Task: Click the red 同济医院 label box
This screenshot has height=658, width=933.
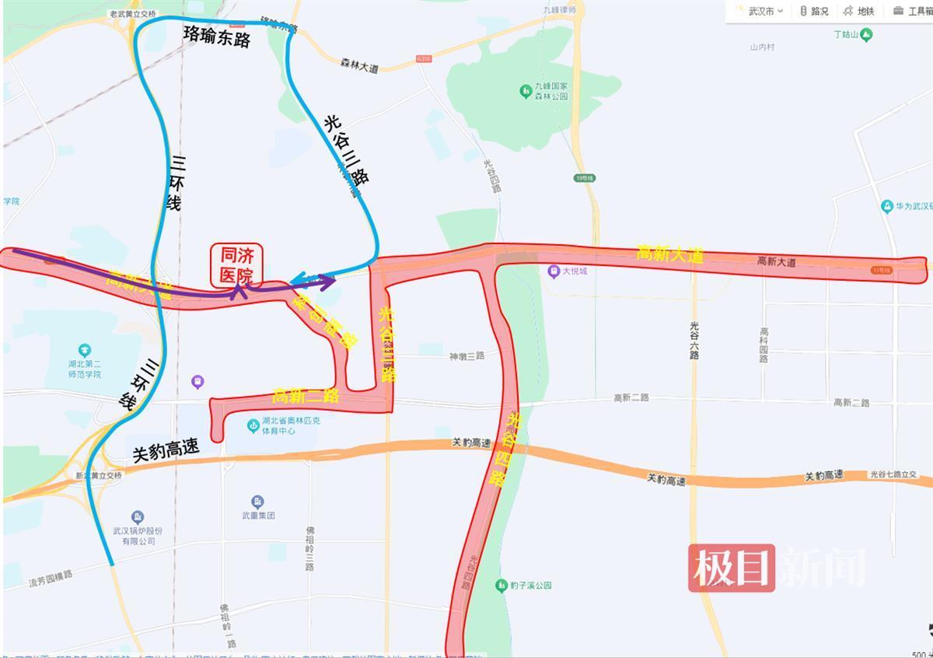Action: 237,264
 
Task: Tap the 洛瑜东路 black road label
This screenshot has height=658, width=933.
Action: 217,37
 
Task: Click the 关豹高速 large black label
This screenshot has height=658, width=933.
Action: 166,451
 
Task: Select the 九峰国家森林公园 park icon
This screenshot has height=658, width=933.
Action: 526,91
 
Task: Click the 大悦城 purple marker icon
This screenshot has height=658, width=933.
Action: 553,271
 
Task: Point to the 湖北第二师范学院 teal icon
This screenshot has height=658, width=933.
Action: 85,351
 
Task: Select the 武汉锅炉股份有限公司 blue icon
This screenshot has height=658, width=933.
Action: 138,517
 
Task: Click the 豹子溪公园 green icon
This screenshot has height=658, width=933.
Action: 502,585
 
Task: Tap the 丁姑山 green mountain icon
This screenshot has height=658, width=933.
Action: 866,35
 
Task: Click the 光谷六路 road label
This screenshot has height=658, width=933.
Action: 694,340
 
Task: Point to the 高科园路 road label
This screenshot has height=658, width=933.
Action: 765,345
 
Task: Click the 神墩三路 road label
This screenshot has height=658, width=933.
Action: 466,356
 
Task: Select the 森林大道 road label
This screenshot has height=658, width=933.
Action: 359,68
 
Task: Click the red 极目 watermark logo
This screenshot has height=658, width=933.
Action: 731,568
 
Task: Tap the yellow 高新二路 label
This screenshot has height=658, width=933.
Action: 306,396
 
